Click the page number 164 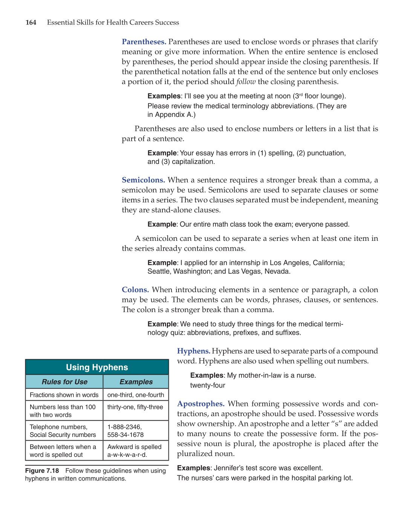pos(31,23)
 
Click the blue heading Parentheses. pos(144,42)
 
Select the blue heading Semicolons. pos(143,180)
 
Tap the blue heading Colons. pos(135,290)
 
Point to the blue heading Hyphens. pos(194,351)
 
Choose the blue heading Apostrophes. pos(201,404)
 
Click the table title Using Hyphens pos(97,368)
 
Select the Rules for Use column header pos(64,382)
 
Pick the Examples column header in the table pos(136,382)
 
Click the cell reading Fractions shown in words pos(64,395)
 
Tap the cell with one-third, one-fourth pos(136,395)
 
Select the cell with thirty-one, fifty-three pos(135,407)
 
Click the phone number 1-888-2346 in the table pos(124,427)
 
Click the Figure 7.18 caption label pos(42,471)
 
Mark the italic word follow pos(246,82)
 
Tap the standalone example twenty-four pos(208,386)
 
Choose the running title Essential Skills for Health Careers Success pos(113,23)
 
